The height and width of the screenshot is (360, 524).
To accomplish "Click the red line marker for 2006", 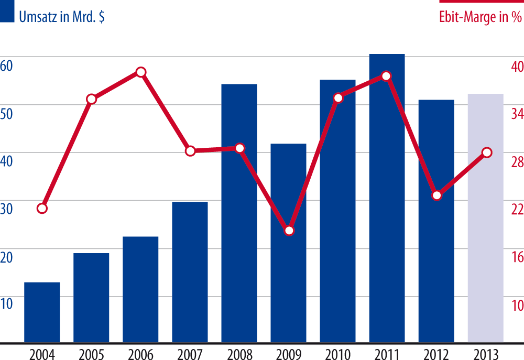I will pyautogui.click(x=140, y=72).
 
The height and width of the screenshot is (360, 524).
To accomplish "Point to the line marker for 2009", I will pyautogui.click(x=289, y=231).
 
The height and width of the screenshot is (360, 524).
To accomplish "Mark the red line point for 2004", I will pyautogui.click(x=42, y=209).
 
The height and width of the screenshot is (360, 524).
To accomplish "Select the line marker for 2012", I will pyautogui.click(x=436, y=195).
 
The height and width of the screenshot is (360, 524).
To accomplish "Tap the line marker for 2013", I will pyautogui.click(x=486, y=152).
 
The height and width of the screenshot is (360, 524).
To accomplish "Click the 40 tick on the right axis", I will pyautogui.click(x=517, y=67).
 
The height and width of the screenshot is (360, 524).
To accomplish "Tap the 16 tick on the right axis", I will pyautogui.click(x=517, y=257).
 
